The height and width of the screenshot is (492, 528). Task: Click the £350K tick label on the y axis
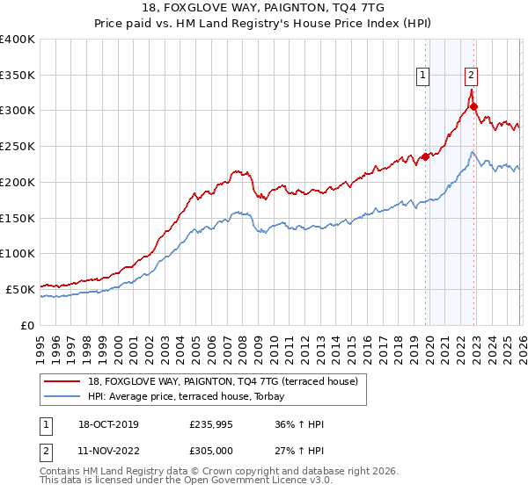coord(18,76)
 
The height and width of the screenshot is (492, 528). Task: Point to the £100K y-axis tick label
coord(18,253)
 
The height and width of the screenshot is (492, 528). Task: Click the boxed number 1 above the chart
coord(423,76)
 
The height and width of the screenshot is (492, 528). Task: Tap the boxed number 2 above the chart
coord(472,76)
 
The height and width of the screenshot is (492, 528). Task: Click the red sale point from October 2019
coord(425,157)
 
